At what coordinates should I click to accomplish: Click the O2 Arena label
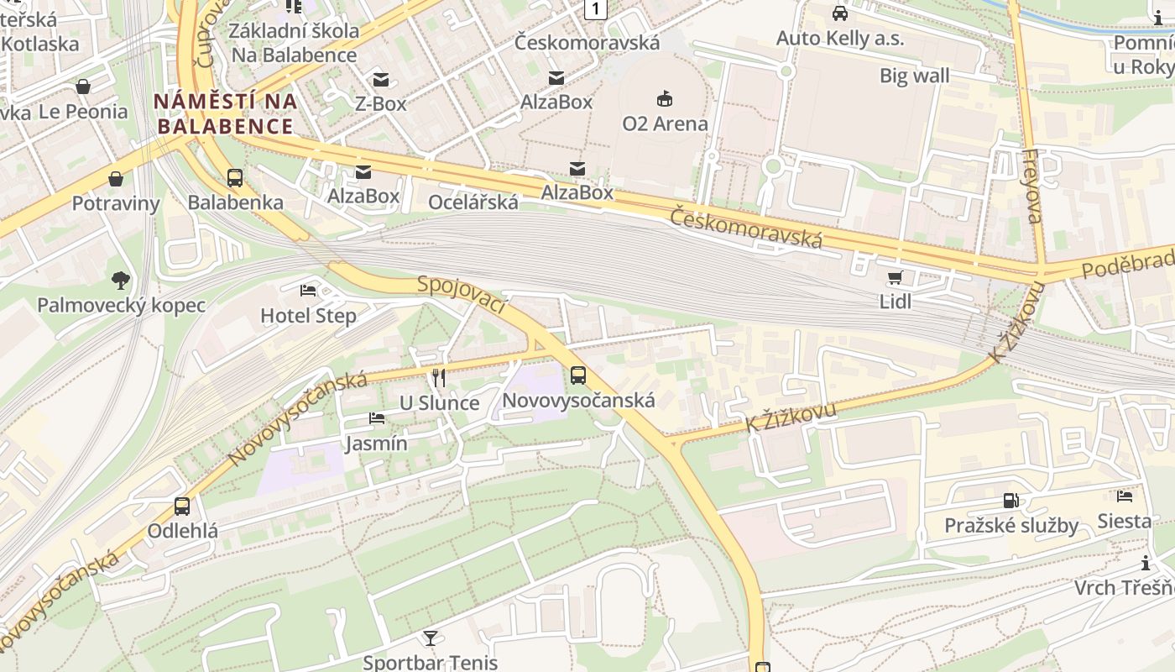[665, 123]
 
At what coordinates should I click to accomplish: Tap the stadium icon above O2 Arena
[665, 99]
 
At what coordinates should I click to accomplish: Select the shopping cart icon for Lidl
[895, 277]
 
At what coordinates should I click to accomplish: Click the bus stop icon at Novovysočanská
[577, 375]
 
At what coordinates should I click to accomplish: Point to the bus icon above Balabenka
[235, 178]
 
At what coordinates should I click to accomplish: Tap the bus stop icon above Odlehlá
[182, 507]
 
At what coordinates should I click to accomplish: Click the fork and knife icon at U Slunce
[438, 378]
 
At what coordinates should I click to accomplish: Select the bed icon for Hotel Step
[308, 291]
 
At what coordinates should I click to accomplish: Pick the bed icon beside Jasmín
[377, 418]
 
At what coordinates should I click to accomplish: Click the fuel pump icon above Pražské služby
[1011, 501]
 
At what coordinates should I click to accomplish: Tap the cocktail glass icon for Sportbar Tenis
[430, 638]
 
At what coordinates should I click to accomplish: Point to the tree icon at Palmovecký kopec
[121, 280]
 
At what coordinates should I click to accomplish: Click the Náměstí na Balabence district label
[225, 114]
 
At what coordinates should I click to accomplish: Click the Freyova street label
[1033, 186]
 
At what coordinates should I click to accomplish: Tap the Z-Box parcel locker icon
[381, 80]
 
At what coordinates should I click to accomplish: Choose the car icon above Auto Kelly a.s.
[839, 13]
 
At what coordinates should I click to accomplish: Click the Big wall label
[914, 76]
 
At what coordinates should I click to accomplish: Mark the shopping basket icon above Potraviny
[116, 179]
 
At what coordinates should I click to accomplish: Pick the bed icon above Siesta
[1125, 496]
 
